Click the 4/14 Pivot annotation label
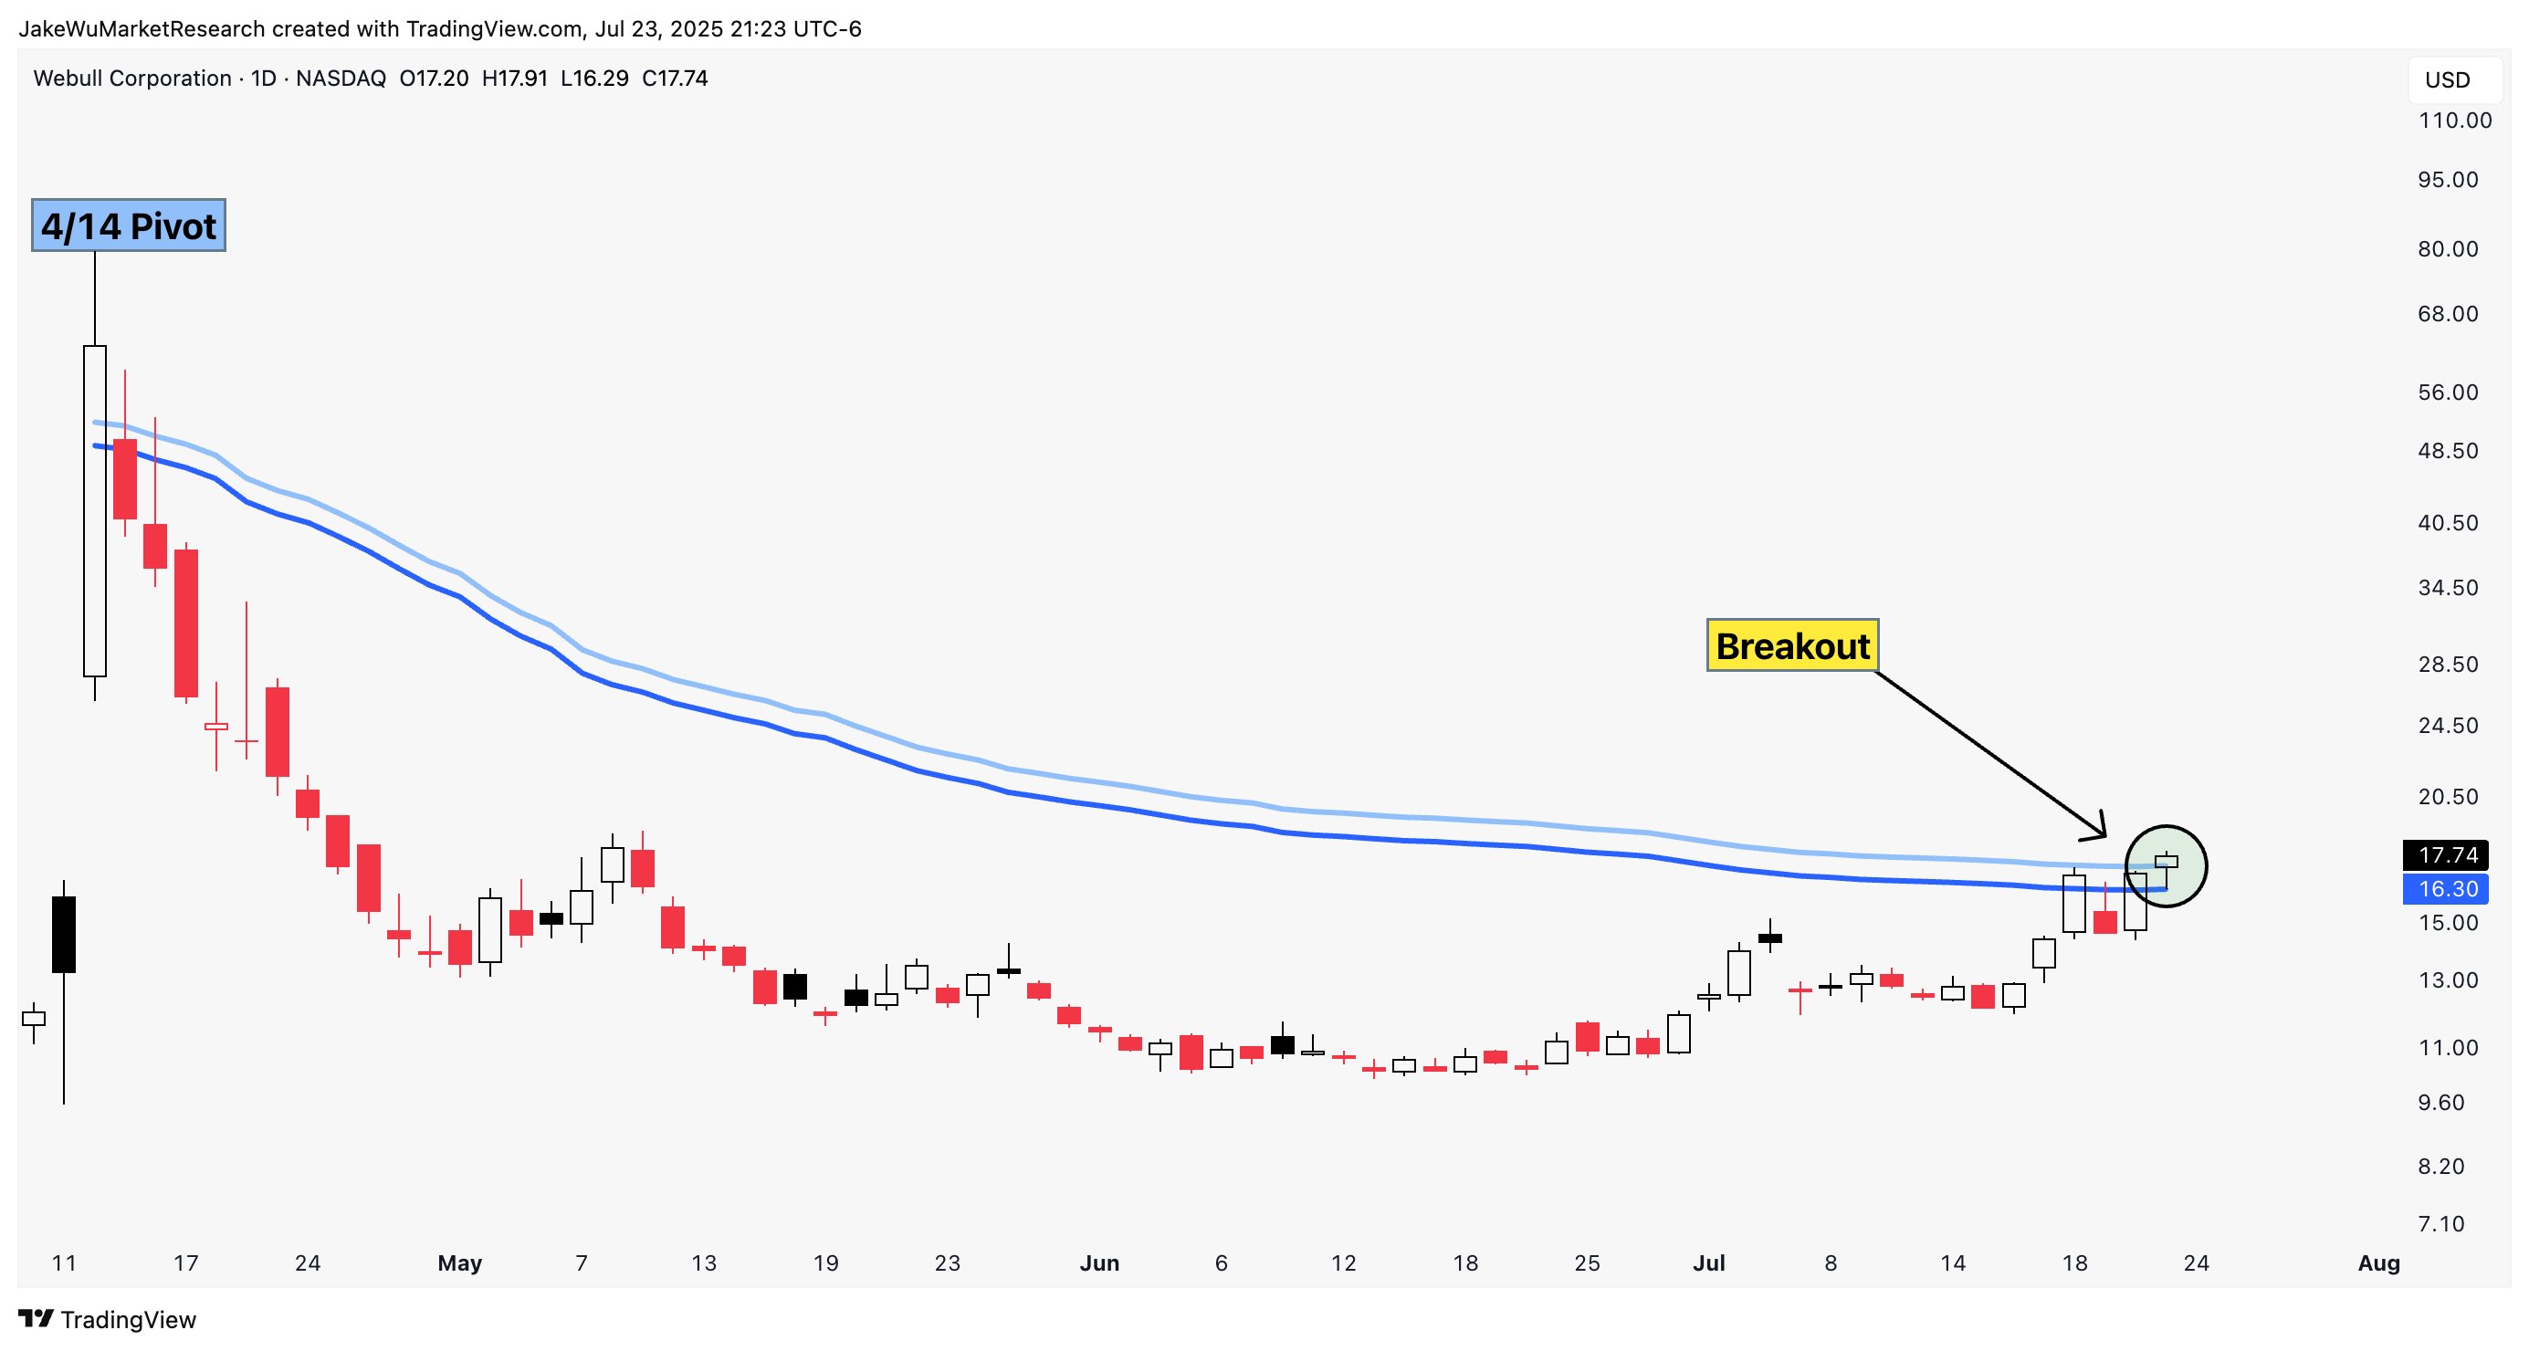pos(129,225)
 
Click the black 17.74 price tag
pos(2448,855)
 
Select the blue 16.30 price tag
pos(2448,889)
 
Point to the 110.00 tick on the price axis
pos(2454,120)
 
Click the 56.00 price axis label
pos(2448,393)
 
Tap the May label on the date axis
pos(459,1263)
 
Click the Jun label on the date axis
pos(1099,1263)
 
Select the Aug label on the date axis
pos(2378,1263)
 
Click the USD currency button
pos(2448,80)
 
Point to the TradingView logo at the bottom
pos(108,1320)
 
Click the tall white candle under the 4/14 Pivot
pos(94,510)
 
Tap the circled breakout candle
pos(2166,862)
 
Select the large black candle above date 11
pos(64,934)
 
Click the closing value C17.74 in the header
pos(675,79)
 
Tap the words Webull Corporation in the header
pos(132,79)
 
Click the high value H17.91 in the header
pos(514,79)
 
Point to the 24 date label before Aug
pos(2196,1263)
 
